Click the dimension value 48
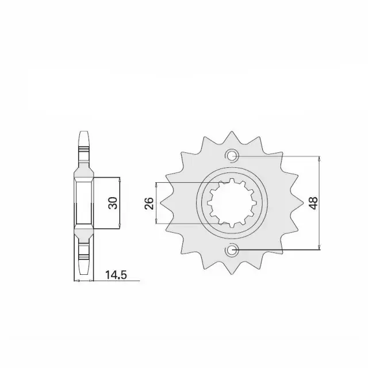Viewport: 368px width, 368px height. [314, 203]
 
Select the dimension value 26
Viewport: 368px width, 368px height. [149, 203]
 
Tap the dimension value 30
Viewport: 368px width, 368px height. [113, 203]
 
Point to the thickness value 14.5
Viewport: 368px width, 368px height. [116, 275]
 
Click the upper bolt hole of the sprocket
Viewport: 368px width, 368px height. [232, 155]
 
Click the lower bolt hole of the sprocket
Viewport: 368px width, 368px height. [232, 250]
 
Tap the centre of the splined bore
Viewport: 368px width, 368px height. [232, 203]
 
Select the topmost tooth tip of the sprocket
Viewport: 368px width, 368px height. [232, 132]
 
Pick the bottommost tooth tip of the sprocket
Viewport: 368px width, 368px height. [232, 274]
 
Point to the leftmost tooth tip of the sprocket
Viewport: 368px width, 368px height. [160, 202]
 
